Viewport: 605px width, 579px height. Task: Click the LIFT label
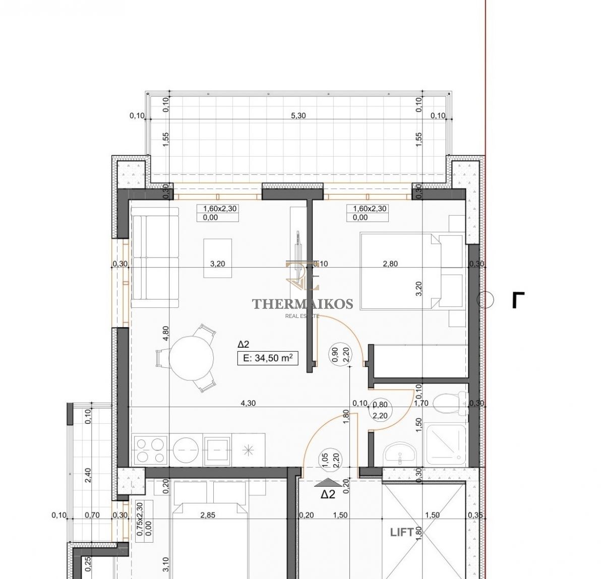pyautogui.click(x=402, y=532)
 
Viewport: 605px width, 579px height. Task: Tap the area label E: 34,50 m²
pyautogui.click(x=268, y=358)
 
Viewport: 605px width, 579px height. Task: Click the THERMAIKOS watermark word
pyautogui.click(x=302, y=304)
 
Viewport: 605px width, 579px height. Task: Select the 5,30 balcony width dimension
pyautogui.click(x=298, y=115)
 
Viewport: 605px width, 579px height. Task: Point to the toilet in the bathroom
pyautogui.click(x=451, y=403)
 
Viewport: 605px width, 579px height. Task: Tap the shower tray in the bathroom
pyautogui.click(x=446, y=445)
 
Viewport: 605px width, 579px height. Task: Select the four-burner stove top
pyautogui.click(x=151, y=449)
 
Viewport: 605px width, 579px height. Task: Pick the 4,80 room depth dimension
pyautogui.click(x=165, y=333)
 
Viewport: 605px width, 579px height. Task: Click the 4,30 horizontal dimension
pyautogui.click(x=248, y=403)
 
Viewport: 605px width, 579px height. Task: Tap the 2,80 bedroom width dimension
pyautogui.click(x=390, y=264)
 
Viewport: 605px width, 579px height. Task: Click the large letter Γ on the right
pyautogui.click(x=518, y=300)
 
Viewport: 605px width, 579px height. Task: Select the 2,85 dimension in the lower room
pyautogui.click(x=208, y=515)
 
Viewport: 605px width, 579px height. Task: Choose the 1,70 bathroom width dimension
pyautogui.click(x=421, y=403)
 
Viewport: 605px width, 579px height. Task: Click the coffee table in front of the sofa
pyautogui.click(x=218, y=258)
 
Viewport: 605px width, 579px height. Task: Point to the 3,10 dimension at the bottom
pyautogui.click(x=165, y=564)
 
